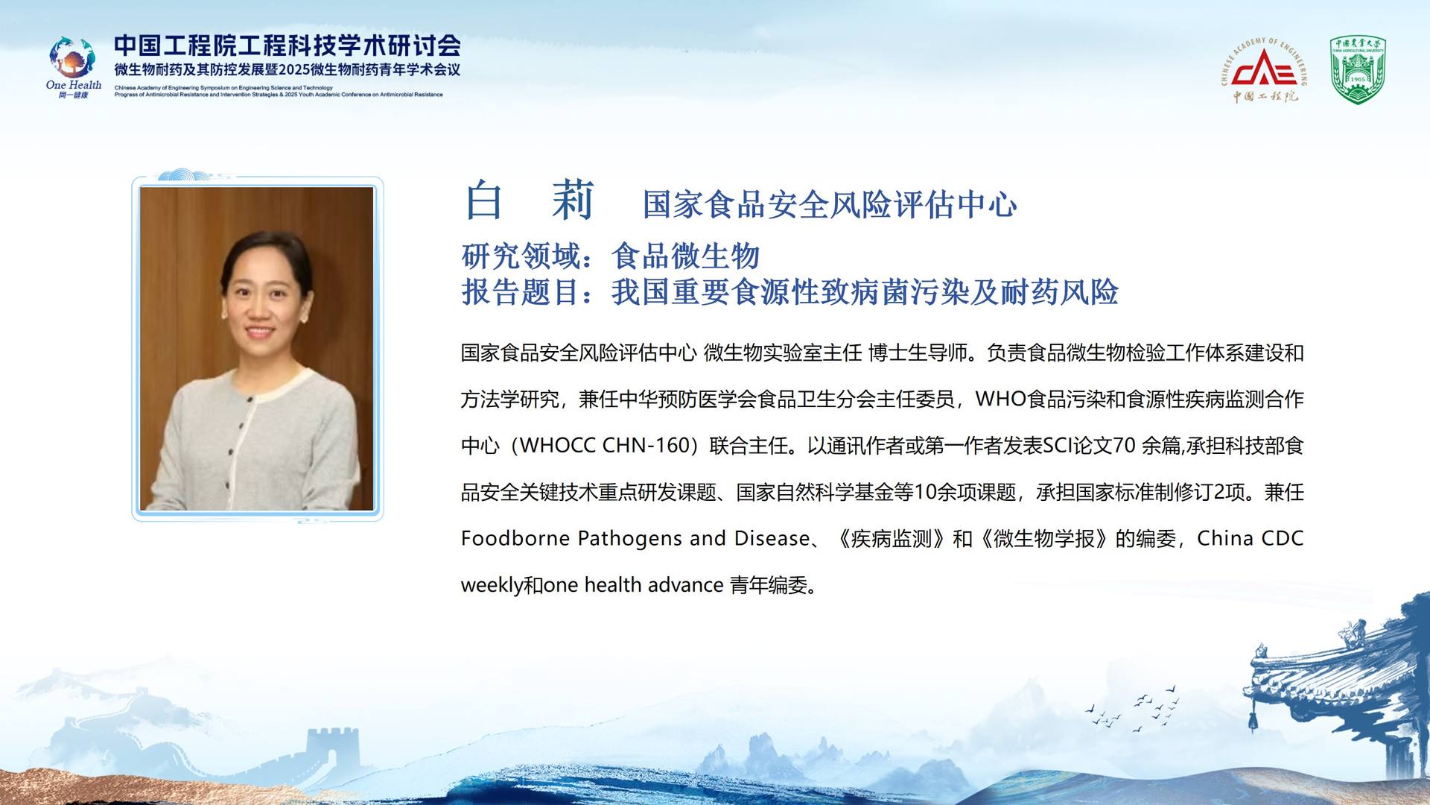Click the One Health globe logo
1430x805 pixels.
click(73, 58)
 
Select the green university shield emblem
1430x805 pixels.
click(1358, 70)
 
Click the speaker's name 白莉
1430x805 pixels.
click(529, 201)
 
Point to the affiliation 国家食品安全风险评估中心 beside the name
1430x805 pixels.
click(830, 204)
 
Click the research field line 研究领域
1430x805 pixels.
click(611, 256)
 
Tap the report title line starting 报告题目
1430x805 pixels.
click(789, 291)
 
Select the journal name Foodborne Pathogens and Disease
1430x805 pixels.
click(635, 538)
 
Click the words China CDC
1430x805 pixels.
click(1250, 538)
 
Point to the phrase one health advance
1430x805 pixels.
click(633, 585)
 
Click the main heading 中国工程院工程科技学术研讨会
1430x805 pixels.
click(287, 45)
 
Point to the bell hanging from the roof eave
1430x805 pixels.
click(1254, 720)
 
